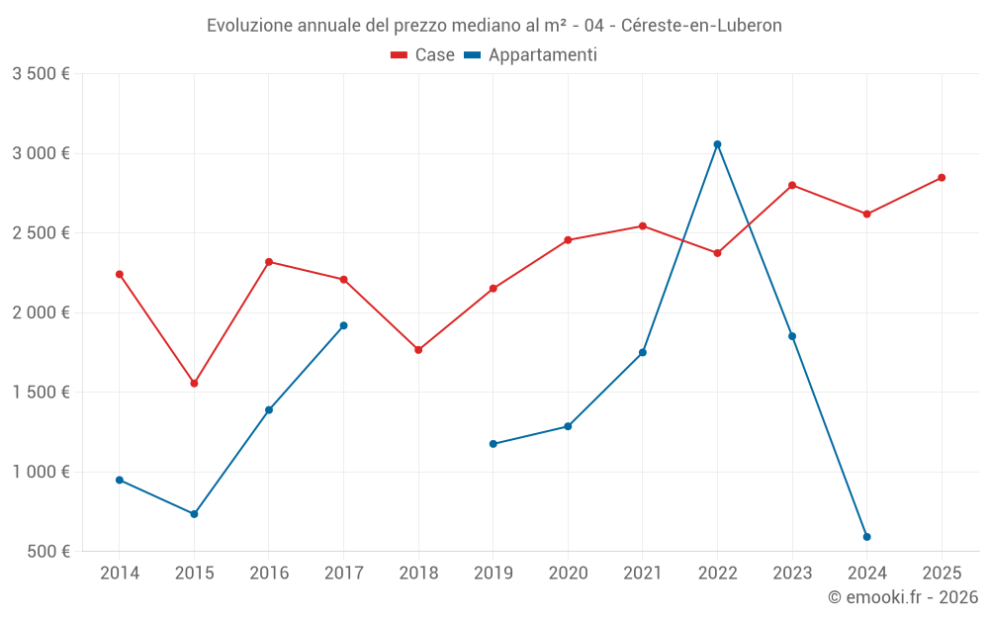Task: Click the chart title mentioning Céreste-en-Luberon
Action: (x=494, y=26)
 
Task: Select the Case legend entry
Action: (x=423, y=55)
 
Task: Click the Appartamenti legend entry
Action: (x=531, y=55)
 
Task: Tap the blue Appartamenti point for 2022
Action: (x=717, y=144)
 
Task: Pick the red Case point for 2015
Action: (x=194, y=384)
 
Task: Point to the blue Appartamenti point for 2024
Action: (x=866, y=537)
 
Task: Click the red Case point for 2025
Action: (x=942, y=178)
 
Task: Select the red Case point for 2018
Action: (x=418, y=350)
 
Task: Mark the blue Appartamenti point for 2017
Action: (x=343, y=325)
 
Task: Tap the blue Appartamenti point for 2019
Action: (x=494, y=444)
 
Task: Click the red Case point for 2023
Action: (x=792, y=185)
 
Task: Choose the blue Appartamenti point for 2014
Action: (x=120, y=481)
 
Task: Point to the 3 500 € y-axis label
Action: (x=41, y=74)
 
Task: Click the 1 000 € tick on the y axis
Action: (x=41, y=472)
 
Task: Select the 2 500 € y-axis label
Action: (x=41, y=233)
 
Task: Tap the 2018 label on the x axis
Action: (x=418, y=574)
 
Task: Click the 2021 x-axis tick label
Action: (x=643, y=574)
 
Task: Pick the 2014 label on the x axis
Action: (x=120, y=574)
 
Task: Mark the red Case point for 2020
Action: (x=568, y=240)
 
